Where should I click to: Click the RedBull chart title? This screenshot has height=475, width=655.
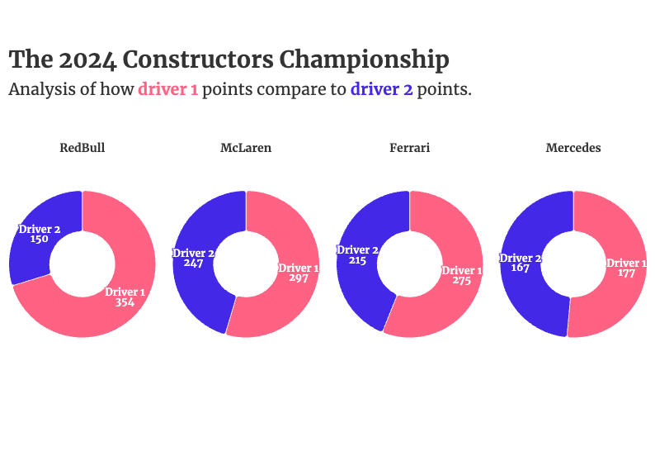coord(82,149)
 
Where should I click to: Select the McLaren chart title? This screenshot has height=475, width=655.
coord(246,149)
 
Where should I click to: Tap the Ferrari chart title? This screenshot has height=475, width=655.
coord(409,149)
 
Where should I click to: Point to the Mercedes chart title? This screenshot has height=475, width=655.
coord(573,149)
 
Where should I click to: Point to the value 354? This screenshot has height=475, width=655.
coord(125,302)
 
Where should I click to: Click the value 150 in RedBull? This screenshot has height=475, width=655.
coord(39,239)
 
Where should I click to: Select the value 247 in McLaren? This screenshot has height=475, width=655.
coord(193,263)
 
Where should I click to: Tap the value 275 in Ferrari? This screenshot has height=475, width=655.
coord(461,281)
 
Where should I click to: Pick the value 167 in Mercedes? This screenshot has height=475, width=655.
coord(521,268)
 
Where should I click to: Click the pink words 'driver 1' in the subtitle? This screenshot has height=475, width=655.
coord(167,90)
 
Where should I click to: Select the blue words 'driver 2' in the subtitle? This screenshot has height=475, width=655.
coord(381,90)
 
